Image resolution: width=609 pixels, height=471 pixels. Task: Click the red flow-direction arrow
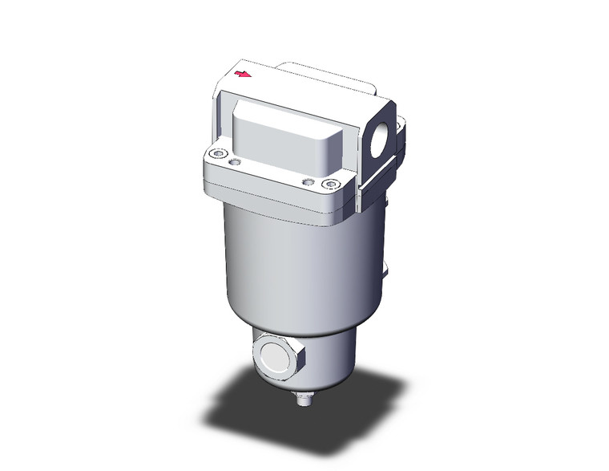[x=242, y=75]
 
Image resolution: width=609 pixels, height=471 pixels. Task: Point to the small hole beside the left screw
[x=234, y=163]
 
